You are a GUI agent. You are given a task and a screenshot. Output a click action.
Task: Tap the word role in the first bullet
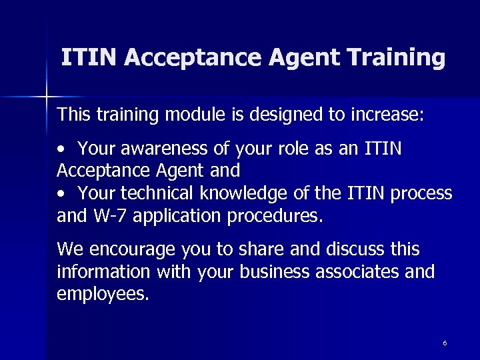coord(285,148)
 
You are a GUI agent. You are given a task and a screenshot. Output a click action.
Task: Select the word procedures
coord(275,216)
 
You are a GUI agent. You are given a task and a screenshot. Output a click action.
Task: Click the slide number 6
coord(445,343)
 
